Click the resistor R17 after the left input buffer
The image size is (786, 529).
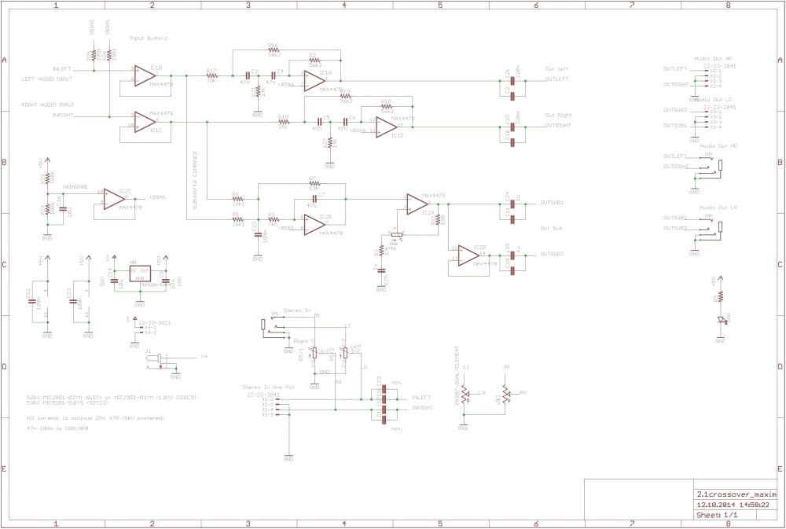(x=211, y=75)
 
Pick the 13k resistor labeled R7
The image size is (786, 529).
(x=313, y=184)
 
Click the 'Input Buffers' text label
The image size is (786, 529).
(x=149, y=38)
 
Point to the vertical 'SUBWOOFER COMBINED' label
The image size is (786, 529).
(x=194, y=181)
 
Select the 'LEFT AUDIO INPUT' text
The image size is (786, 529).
(x=46, y=79)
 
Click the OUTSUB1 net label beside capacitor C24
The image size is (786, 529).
(x=552, y=202)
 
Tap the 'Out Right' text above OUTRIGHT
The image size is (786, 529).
(x=556, y=115)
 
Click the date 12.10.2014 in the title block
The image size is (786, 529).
(x=713, y=505)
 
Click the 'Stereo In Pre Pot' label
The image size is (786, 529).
(x=268, y=388)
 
